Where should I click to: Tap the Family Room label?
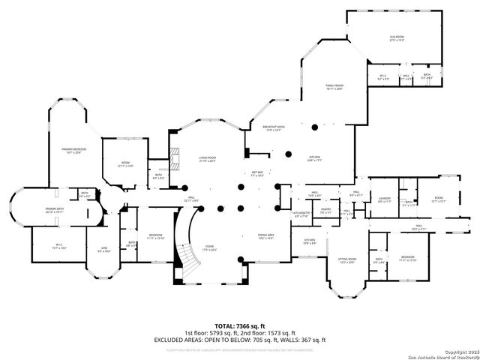[x=334, y=87]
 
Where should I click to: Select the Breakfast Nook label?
[x=273, y=129]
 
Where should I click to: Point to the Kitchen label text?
[x=313, y=158]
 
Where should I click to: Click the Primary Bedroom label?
[x=73, y=151]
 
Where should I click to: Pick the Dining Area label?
[x=266, y=235]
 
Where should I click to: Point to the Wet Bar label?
[x=256, y=174]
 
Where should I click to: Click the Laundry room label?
[x=385, y=200]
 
